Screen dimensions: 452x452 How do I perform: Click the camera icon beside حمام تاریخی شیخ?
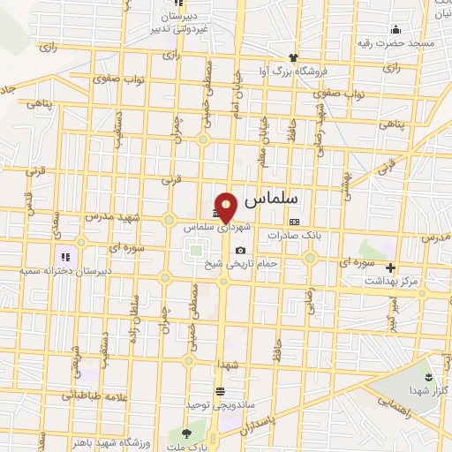[240, 251]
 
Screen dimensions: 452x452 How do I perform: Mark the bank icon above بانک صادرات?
[294, 222]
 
